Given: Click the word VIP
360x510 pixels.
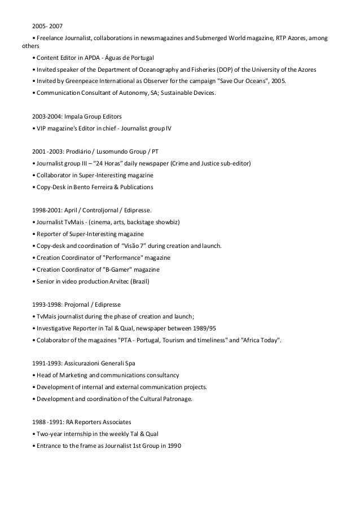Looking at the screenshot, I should pos(43,128).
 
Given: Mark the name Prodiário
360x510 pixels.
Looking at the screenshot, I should pos(78,152).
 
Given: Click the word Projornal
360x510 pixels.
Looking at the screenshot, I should pos(76,304).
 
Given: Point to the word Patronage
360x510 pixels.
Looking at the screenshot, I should pos(176,399).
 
